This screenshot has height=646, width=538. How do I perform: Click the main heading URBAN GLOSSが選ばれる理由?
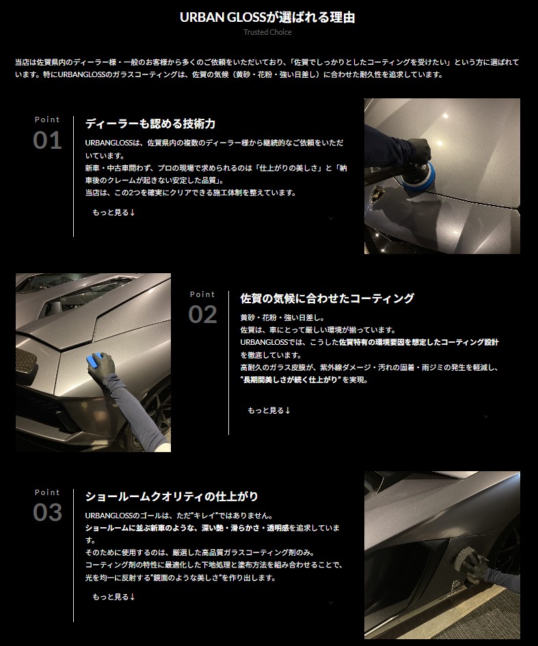pos(267,17)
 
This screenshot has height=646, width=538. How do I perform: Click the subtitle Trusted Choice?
pos(267,32)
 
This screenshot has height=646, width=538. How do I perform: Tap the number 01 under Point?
pos(47,141)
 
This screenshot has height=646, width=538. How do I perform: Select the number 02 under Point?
pos(202,315)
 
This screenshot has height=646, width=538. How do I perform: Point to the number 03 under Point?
pos(47,513)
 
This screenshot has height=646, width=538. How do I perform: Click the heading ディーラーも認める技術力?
pos(150,124)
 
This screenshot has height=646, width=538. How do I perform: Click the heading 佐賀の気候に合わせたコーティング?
pos(327,298)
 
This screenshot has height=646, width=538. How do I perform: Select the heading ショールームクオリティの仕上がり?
pos(172,496)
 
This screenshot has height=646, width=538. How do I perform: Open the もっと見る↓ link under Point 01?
pos(114,212)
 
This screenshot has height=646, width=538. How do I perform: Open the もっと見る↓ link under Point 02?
pos(269,410)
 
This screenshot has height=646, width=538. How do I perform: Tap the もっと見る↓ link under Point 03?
pos(114,597)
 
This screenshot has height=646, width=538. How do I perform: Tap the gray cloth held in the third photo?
pos(462,563)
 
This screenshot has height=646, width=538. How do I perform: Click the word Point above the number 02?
pos(202,294)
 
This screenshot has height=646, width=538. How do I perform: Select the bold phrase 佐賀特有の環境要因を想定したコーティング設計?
pos(419,342)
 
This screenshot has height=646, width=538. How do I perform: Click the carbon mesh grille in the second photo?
pos(25,363)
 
